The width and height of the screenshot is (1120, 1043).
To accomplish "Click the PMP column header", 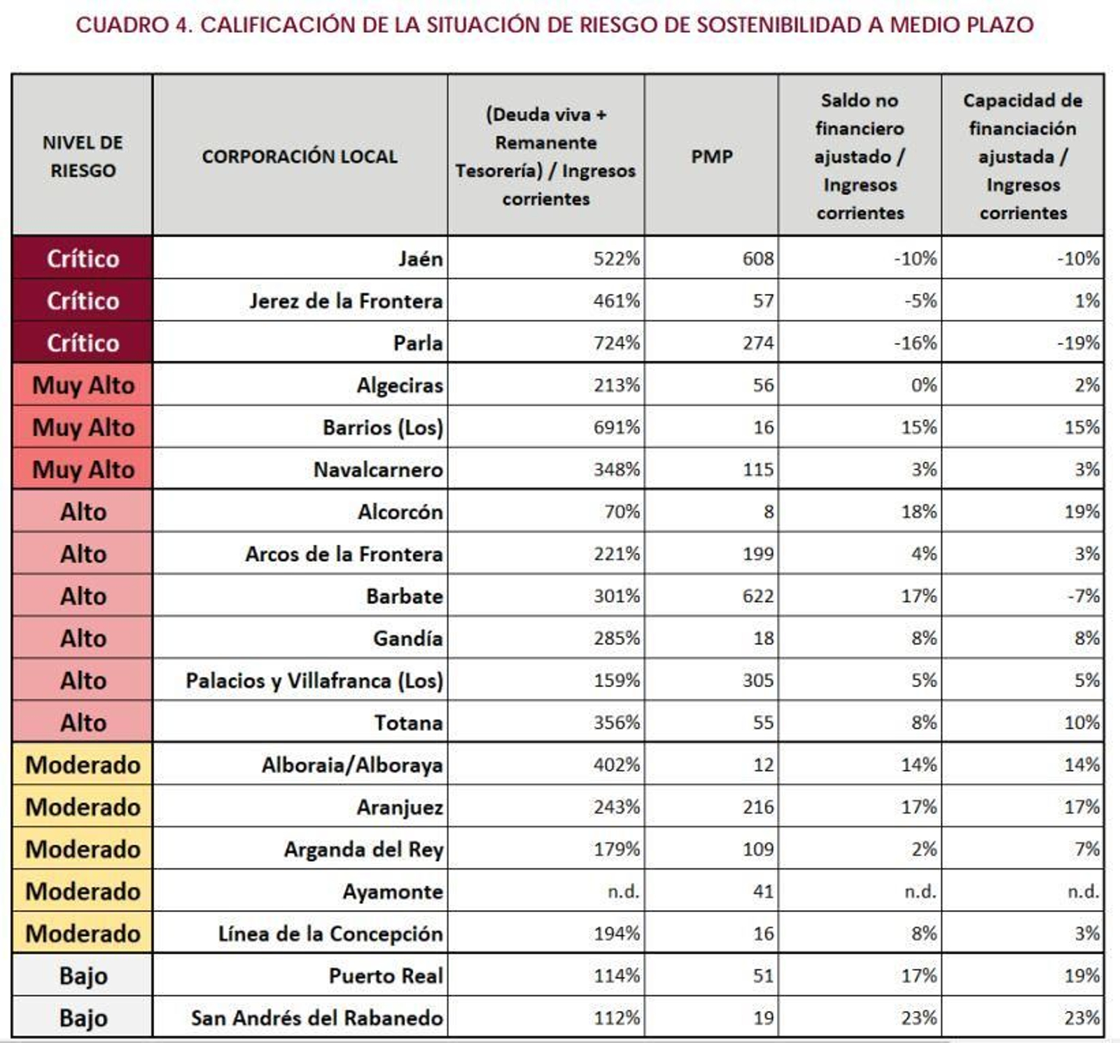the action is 711,156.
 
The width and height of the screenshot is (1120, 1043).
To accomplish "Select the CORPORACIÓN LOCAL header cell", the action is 300,156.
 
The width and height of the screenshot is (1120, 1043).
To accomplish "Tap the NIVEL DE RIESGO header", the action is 83,156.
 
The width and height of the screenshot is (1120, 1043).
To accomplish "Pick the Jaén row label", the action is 420,259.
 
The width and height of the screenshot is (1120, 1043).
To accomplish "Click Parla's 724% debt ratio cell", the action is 616,343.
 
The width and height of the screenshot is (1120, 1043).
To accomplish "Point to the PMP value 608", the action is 757,259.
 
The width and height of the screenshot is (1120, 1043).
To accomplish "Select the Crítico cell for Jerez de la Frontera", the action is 83,301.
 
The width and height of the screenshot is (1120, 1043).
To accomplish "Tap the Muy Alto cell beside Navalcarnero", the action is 83,469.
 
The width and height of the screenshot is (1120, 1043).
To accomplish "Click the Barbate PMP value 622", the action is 757,596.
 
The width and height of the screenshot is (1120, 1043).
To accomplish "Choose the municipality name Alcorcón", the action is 400,512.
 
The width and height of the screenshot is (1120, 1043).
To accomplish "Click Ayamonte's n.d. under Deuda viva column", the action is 623,891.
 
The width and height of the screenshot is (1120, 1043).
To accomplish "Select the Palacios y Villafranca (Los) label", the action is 314,681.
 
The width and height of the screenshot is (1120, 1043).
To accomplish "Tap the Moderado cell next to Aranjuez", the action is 83,807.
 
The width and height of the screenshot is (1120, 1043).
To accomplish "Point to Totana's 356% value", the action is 616,723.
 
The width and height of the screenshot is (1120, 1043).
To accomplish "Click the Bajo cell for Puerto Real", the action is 83,976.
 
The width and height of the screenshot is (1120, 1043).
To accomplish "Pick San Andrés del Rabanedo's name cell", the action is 316,1018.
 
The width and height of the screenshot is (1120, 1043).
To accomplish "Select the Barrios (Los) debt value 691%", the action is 616,427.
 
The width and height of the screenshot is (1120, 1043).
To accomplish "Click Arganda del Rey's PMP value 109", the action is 757,849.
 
